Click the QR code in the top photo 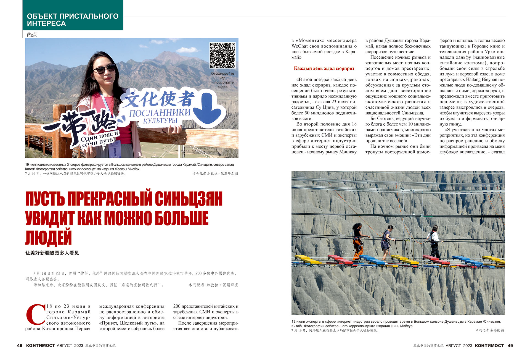222,55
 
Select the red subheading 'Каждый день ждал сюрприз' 324,68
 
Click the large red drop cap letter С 35,315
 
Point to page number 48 20,345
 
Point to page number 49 510,345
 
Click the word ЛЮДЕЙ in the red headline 49,237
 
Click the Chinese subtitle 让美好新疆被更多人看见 52,253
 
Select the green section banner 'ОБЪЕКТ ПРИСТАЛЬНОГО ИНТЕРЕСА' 73,20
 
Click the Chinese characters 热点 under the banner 32,35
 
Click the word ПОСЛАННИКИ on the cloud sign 160,113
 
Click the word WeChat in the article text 300,46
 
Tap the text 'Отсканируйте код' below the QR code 222,76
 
